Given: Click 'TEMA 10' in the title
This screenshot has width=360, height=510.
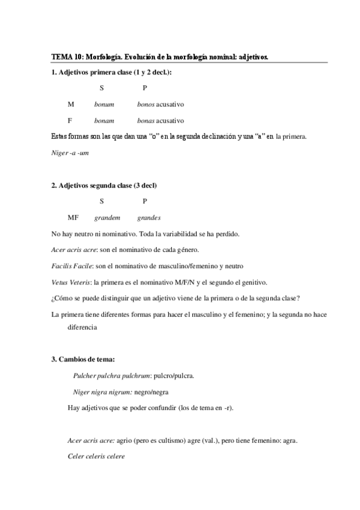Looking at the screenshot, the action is click(67, 57).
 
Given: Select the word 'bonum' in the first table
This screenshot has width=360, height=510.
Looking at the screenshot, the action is click(104, 104).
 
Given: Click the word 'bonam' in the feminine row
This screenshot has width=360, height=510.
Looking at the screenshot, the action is click(104, 120).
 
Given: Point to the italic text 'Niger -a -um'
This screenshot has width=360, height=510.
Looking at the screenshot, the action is click(70, 153).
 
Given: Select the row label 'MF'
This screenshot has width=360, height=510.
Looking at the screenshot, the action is click(73, 217).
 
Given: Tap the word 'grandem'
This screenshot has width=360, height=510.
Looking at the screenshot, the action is click(106, 217).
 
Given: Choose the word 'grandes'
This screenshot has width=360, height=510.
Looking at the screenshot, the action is click(148, 217).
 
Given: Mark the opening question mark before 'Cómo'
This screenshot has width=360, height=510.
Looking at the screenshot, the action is click(53, 298).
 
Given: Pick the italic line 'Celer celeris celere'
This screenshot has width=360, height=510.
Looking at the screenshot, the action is click(96, 456).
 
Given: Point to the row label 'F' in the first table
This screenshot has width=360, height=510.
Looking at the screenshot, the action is click(70, 120).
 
